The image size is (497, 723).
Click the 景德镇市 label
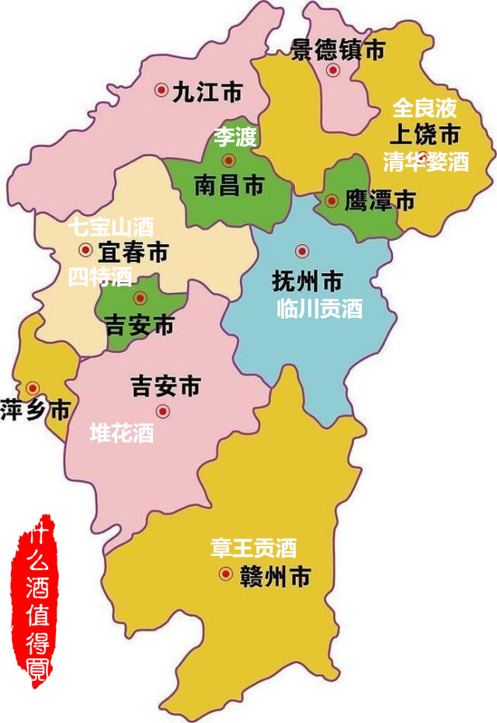tap(338, 51)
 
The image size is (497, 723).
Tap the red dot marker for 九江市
tap(161, 90)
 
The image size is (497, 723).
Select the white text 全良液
tap(424, 107)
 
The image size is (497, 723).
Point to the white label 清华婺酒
tap(426, 162)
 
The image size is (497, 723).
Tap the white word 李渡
tap(235, 138)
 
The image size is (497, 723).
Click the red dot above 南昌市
tap(228, 160)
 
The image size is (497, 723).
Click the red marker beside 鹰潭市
tap(332, 201)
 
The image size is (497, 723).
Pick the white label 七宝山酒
tap(110, 227)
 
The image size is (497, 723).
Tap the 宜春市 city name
tap(134, 251)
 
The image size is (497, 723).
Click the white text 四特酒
tap(99, 276)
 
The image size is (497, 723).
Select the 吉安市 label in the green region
tap(140, 325)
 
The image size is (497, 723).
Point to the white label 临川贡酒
tap(319, 309)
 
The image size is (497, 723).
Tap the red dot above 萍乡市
tap(33, 387)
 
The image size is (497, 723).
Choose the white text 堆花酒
tap(122, 433)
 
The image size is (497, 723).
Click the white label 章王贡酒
tap(253, 548)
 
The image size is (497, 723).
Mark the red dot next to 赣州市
tap(225, 575)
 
